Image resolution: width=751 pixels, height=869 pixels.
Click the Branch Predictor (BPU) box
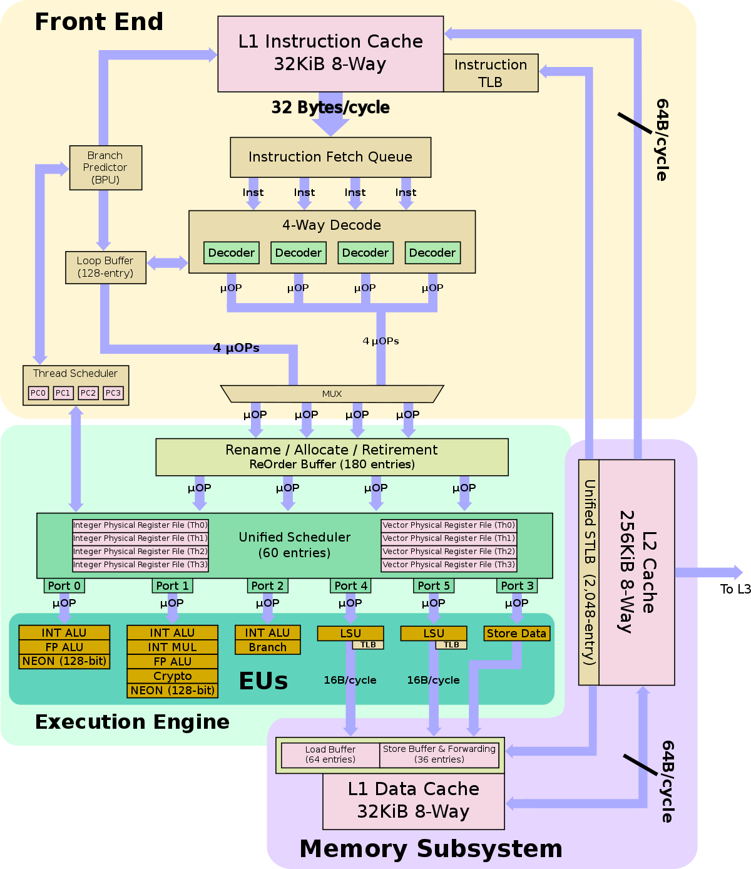pos(105,168)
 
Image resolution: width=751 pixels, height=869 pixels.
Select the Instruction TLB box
pos(491,73)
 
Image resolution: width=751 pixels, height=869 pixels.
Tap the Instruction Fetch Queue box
pos(330,157)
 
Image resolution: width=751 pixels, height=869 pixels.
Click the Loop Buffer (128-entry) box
pos(105,267)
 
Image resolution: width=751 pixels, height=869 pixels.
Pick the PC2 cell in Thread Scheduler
pos(88,393)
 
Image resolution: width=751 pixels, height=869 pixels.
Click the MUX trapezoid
pos(332,394)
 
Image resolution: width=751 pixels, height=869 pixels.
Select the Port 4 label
pos(350,586)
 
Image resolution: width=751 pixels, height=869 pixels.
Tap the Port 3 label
pos(517,586)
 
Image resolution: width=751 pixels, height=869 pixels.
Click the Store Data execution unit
pos(516,634)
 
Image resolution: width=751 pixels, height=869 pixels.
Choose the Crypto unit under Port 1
pos(172,676)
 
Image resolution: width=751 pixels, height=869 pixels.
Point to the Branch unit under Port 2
pos(267,647)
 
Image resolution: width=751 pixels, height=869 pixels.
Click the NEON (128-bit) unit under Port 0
pos(64,661)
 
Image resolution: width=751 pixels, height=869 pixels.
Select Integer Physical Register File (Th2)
pos(140,552)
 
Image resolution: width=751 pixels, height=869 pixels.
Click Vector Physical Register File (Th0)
pos(449,525)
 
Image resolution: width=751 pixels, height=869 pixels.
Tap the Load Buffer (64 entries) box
pos(330,754)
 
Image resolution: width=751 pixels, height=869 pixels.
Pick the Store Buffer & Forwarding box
pos(439,754)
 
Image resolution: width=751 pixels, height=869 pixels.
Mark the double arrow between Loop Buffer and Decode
pos(167,263)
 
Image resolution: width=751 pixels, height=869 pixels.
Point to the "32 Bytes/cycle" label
pos(330,108)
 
